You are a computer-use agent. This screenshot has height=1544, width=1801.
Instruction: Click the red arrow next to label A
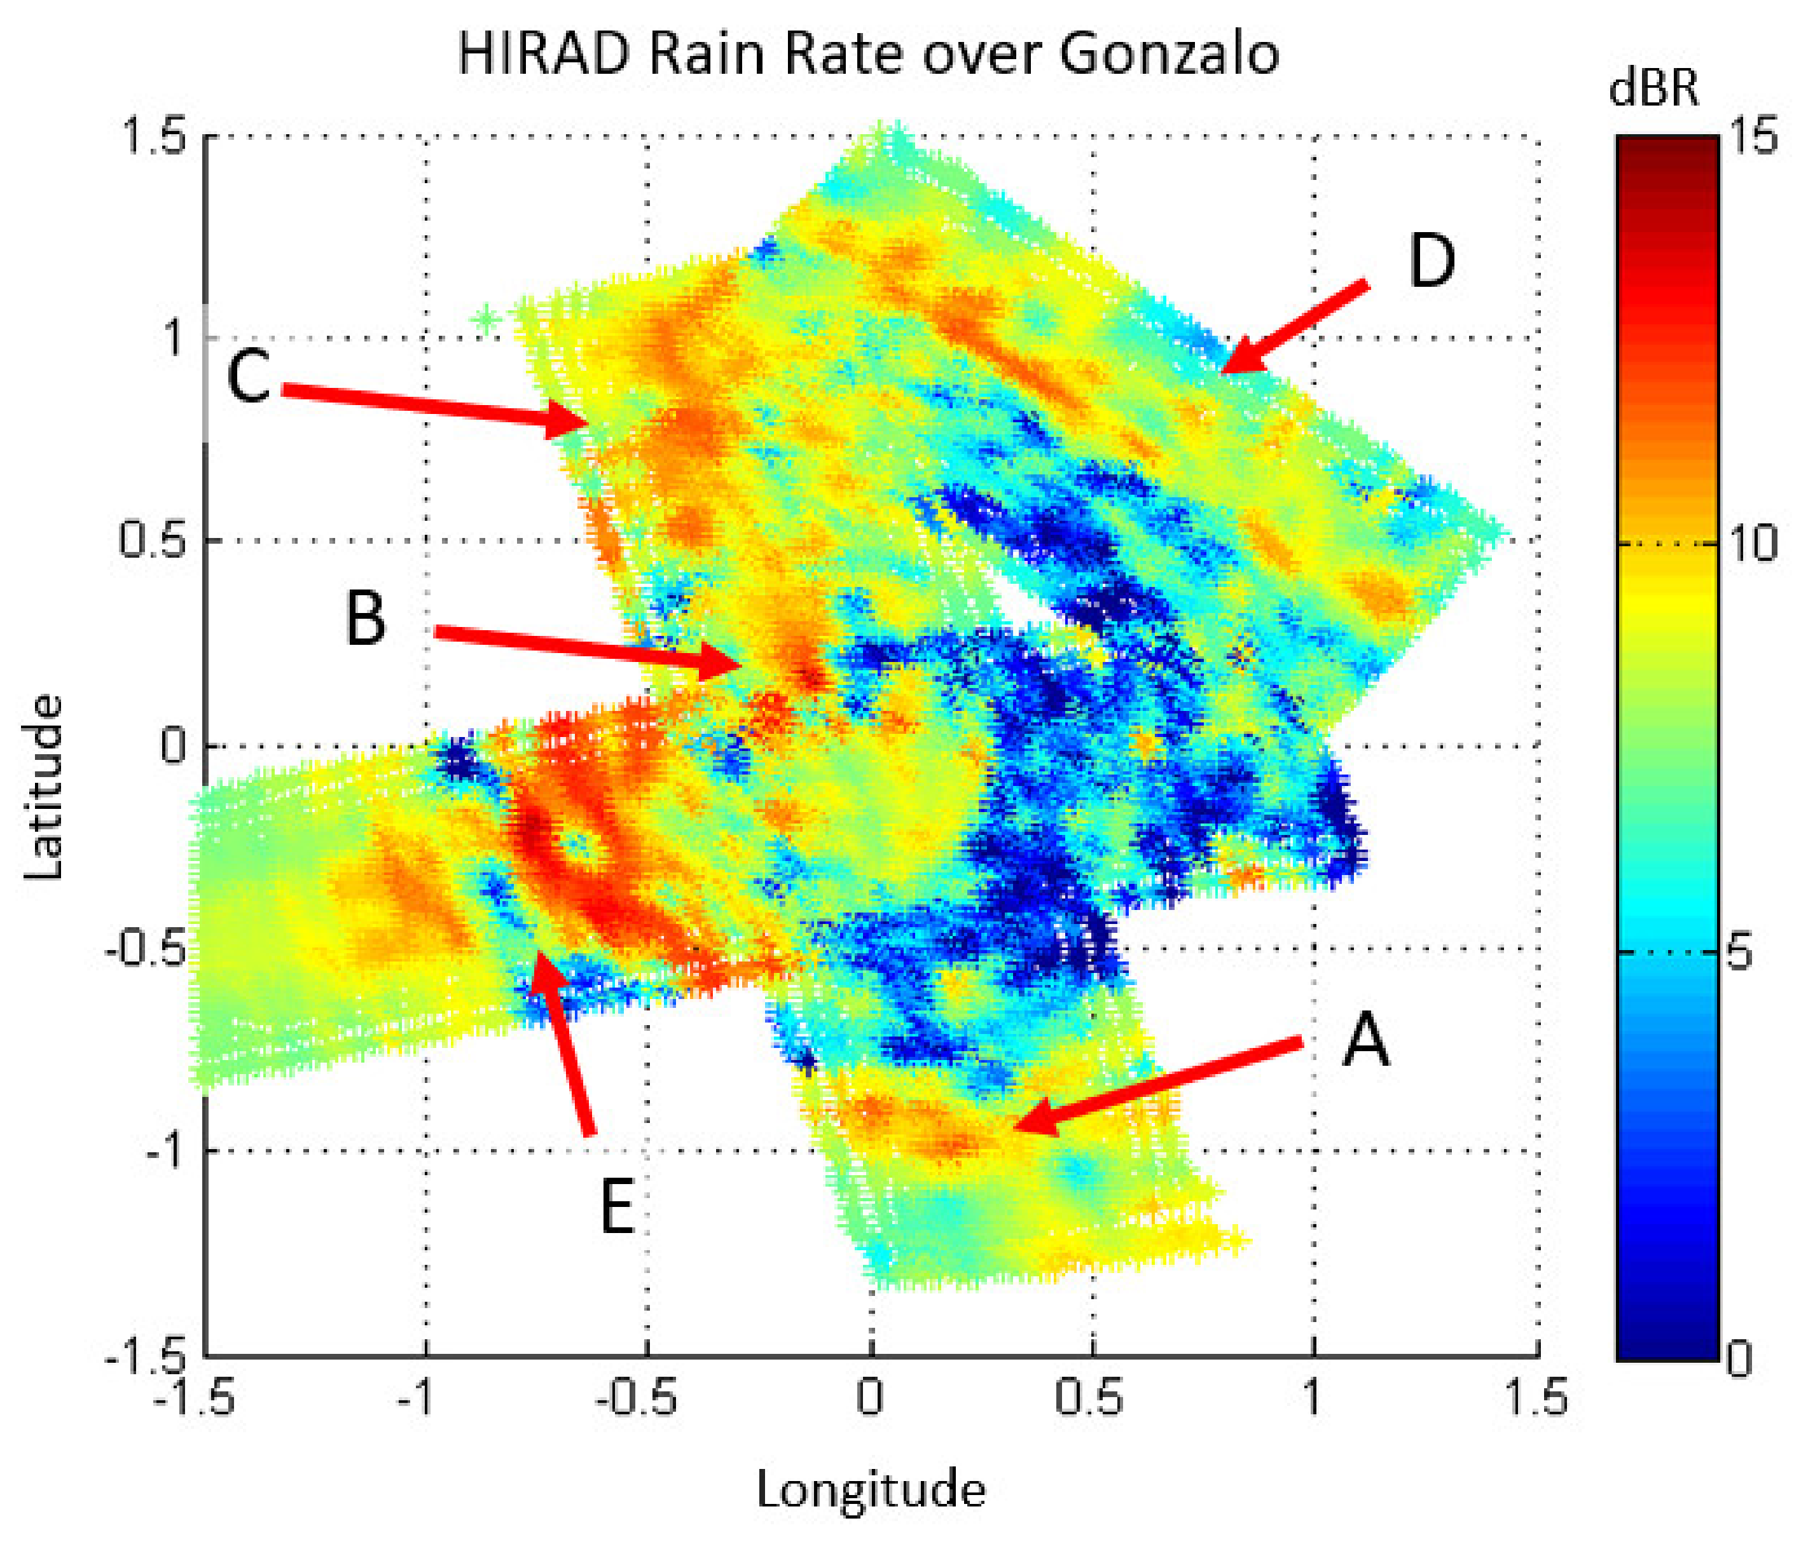(1156, 1085)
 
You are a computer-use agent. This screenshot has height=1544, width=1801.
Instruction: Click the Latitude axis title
(43, 787)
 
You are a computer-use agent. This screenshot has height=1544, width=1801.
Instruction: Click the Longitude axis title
(871, 1489)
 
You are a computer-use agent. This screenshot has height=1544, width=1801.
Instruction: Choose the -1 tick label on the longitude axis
(417, 1397)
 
